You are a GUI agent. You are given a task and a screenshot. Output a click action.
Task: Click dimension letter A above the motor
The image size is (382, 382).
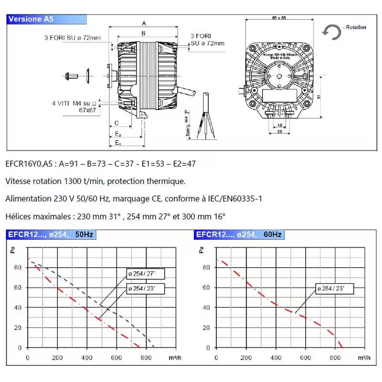point(144,23)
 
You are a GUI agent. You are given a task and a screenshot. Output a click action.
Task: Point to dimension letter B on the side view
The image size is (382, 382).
point(143,33)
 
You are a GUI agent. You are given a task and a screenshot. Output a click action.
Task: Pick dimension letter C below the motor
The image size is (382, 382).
point(117,123)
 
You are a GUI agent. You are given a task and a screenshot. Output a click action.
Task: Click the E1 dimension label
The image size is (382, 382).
point(118,143)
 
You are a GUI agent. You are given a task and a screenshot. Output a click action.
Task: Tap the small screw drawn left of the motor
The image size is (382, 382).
point(72,75)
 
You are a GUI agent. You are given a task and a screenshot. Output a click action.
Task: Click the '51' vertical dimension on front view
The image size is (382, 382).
point(318,96)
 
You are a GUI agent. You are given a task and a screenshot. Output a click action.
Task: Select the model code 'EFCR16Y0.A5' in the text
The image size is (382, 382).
point(28,164)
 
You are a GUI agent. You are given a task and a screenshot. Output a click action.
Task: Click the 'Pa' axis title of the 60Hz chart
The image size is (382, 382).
point(201,249)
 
